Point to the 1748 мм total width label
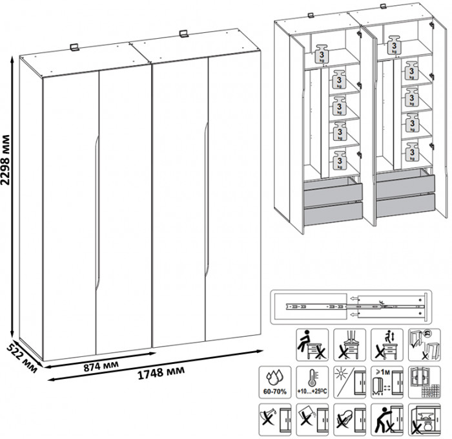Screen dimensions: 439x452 coord(158,373)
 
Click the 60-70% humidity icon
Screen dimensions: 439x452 coord(272,381)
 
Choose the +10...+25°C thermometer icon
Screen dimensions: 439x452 coord(311,381)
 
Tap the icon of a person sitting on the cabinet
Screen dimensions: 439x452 coord(310,343)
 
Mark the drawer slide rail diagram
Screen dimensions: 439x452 coord(349,306)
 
